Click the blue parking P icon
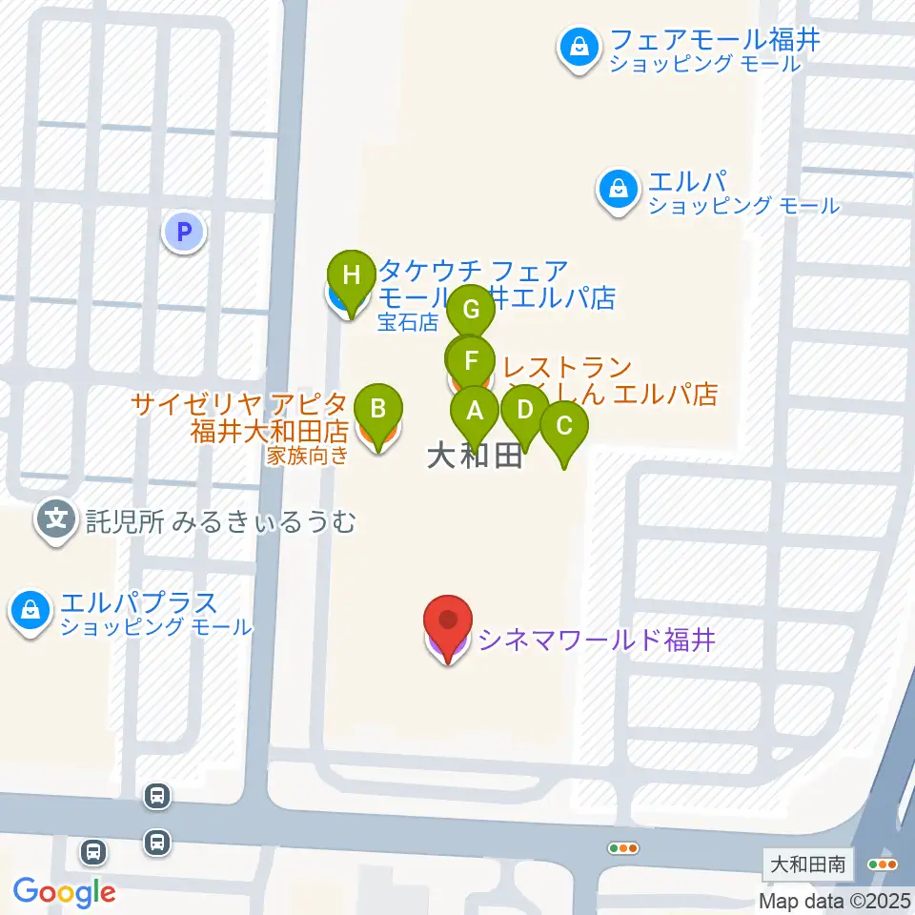click(183, 231)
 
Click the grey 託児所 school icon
click(58, 520)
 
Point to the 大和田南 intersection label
click(808, 865)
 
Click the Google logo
click(65, 892)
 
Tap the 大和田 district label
click(474, 457)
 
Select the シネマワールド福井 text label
click(597, 639)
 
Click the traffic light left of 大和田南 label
click(624, 847)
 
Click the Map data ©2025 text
click(836, 901)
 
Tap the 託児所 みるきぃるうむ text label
click(220, 521)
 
